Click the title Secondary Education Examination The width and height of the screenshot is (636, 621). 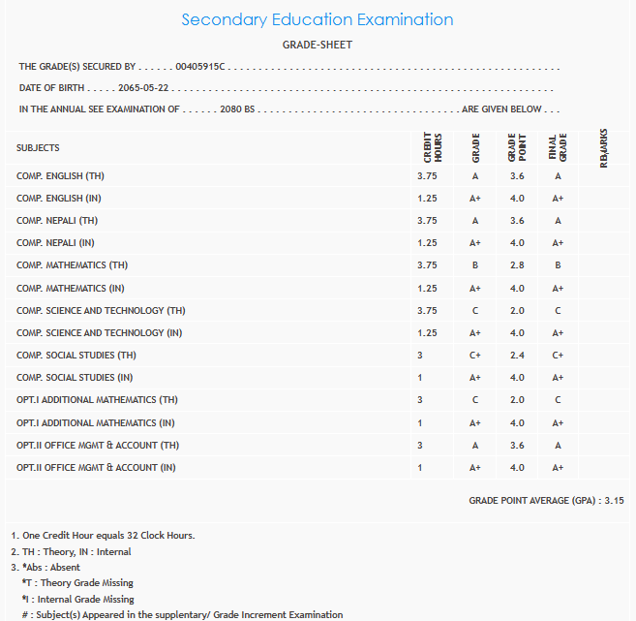[317, 19]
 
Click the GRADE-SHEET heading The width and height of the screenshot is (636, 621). [317, 45]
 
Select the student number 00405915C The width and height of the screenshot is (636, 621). [199, 66]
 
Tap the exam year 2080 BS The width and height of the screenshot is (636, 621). [237, 109]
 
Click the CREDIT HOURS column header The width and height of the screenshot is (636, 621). [433, 148]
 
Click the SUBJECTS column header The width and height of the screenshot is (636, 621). [38, 148]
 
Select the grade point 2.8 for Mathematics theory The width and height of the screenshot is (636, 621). [516, 265]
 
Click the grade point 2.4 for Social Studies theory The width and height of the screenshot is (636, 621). [516, 356]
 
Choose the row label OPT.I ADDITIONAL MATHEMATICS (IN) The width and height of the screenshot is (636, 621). [97, 422]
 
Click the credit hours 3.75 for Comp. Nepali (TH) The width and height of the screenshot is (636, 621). [427, 221]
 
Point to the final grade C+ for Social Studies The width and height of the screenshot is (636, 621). [558, 356]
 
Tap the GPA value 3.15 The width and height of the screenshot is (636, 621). [613, 501]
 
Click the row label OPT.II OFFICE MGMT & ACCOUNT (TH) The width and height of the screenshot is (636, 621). [97, 445]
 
